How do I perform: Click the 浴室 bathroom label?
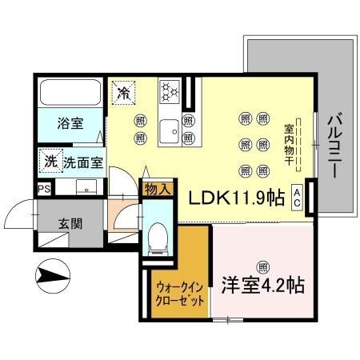point(69,124)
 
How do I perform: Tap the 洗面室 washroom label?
point(83,162)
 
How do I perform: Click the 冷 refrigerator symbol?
point(124,93)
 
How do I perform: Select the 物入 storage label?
point(156,190)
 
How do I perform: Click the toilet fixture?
point(157,234)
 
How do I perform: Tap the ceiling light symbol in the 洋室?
point(262,266)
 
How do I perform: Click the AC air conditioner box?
point(297,196)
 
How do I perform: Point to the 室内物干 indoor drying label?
point(288,144)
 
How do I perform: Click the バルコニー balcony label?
point(334,145)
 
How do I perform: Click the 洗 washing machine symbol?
point(50,161)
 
